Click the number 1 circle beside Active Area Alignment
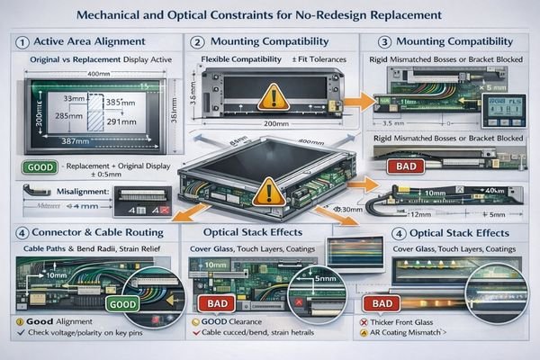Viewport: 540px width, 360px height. pos(19,42)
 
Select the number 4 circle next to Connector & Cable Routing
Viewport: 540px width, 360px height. pos(19,231)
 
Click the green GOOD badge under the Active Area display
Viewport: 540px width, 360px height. pos(37,167)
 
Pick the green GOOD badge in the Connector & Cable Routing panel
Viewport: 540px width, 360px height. pos(123,304)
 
